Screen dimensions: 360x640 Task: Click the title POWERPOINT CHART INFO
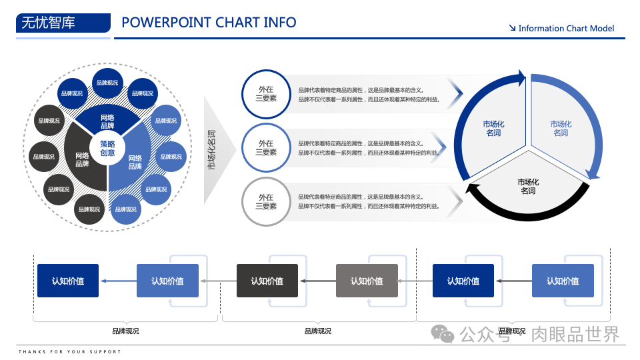pyautogui.click(x=209, y=22)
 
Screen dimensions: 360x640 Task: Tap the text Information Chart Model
pyautogui.click(x=566, y=29)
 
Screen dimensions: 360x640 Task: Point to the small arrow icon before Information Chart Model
pyautogui.click(x=512, y=28)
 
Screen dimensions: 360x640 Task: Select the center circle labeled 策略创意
pyautogui.click(x=107, y=148)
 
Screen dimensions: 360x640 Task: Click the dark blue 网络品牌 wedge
pyautogui.click(x=107, y=121)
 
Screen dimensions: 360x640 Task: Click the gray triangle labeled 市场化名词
pyautogui.click(x=217, y=149)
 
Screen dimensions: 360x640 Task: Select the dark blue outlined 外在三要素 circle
pyautogui.click(x=266, y=94)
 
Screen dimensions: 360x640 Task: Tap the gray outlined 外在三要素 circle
pyautogui.click(x=266, y=202)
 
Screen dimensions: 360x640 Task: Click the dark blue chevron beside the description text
pyautogui.click(x=455, y=95)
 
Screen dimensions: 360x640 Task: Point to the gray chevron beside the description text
pyautogui.click(x=456, y=202)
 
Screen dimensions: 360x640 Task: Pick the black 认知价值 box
pyautogui.click(x=267, y=281)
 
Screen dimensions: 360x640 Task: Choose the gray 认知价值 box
pyautogui.click(x=367, y=281)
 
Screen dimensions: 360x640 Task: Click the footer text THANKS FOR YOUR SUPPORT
pyautogui.click(x=70, y=351)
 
